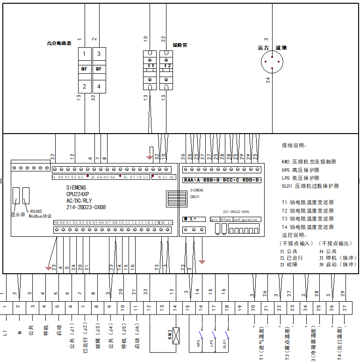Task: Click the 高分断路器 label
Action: [59, 43]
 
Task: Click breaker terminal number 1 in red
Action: [84, 54]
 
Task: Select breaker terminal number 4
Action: [99, 86]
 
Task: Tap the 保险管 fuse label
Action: [180, 45]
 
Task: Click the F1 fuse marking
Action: [151, 66]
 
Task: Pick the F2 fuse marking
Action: [167, 66]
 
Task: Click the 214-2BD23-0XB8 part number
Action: [86, 207]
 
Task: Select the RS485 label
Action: [36, 212]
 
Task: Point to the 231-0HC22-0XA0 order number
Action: [239, 211]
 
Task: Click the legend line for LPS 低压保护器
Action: [301, 178]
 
